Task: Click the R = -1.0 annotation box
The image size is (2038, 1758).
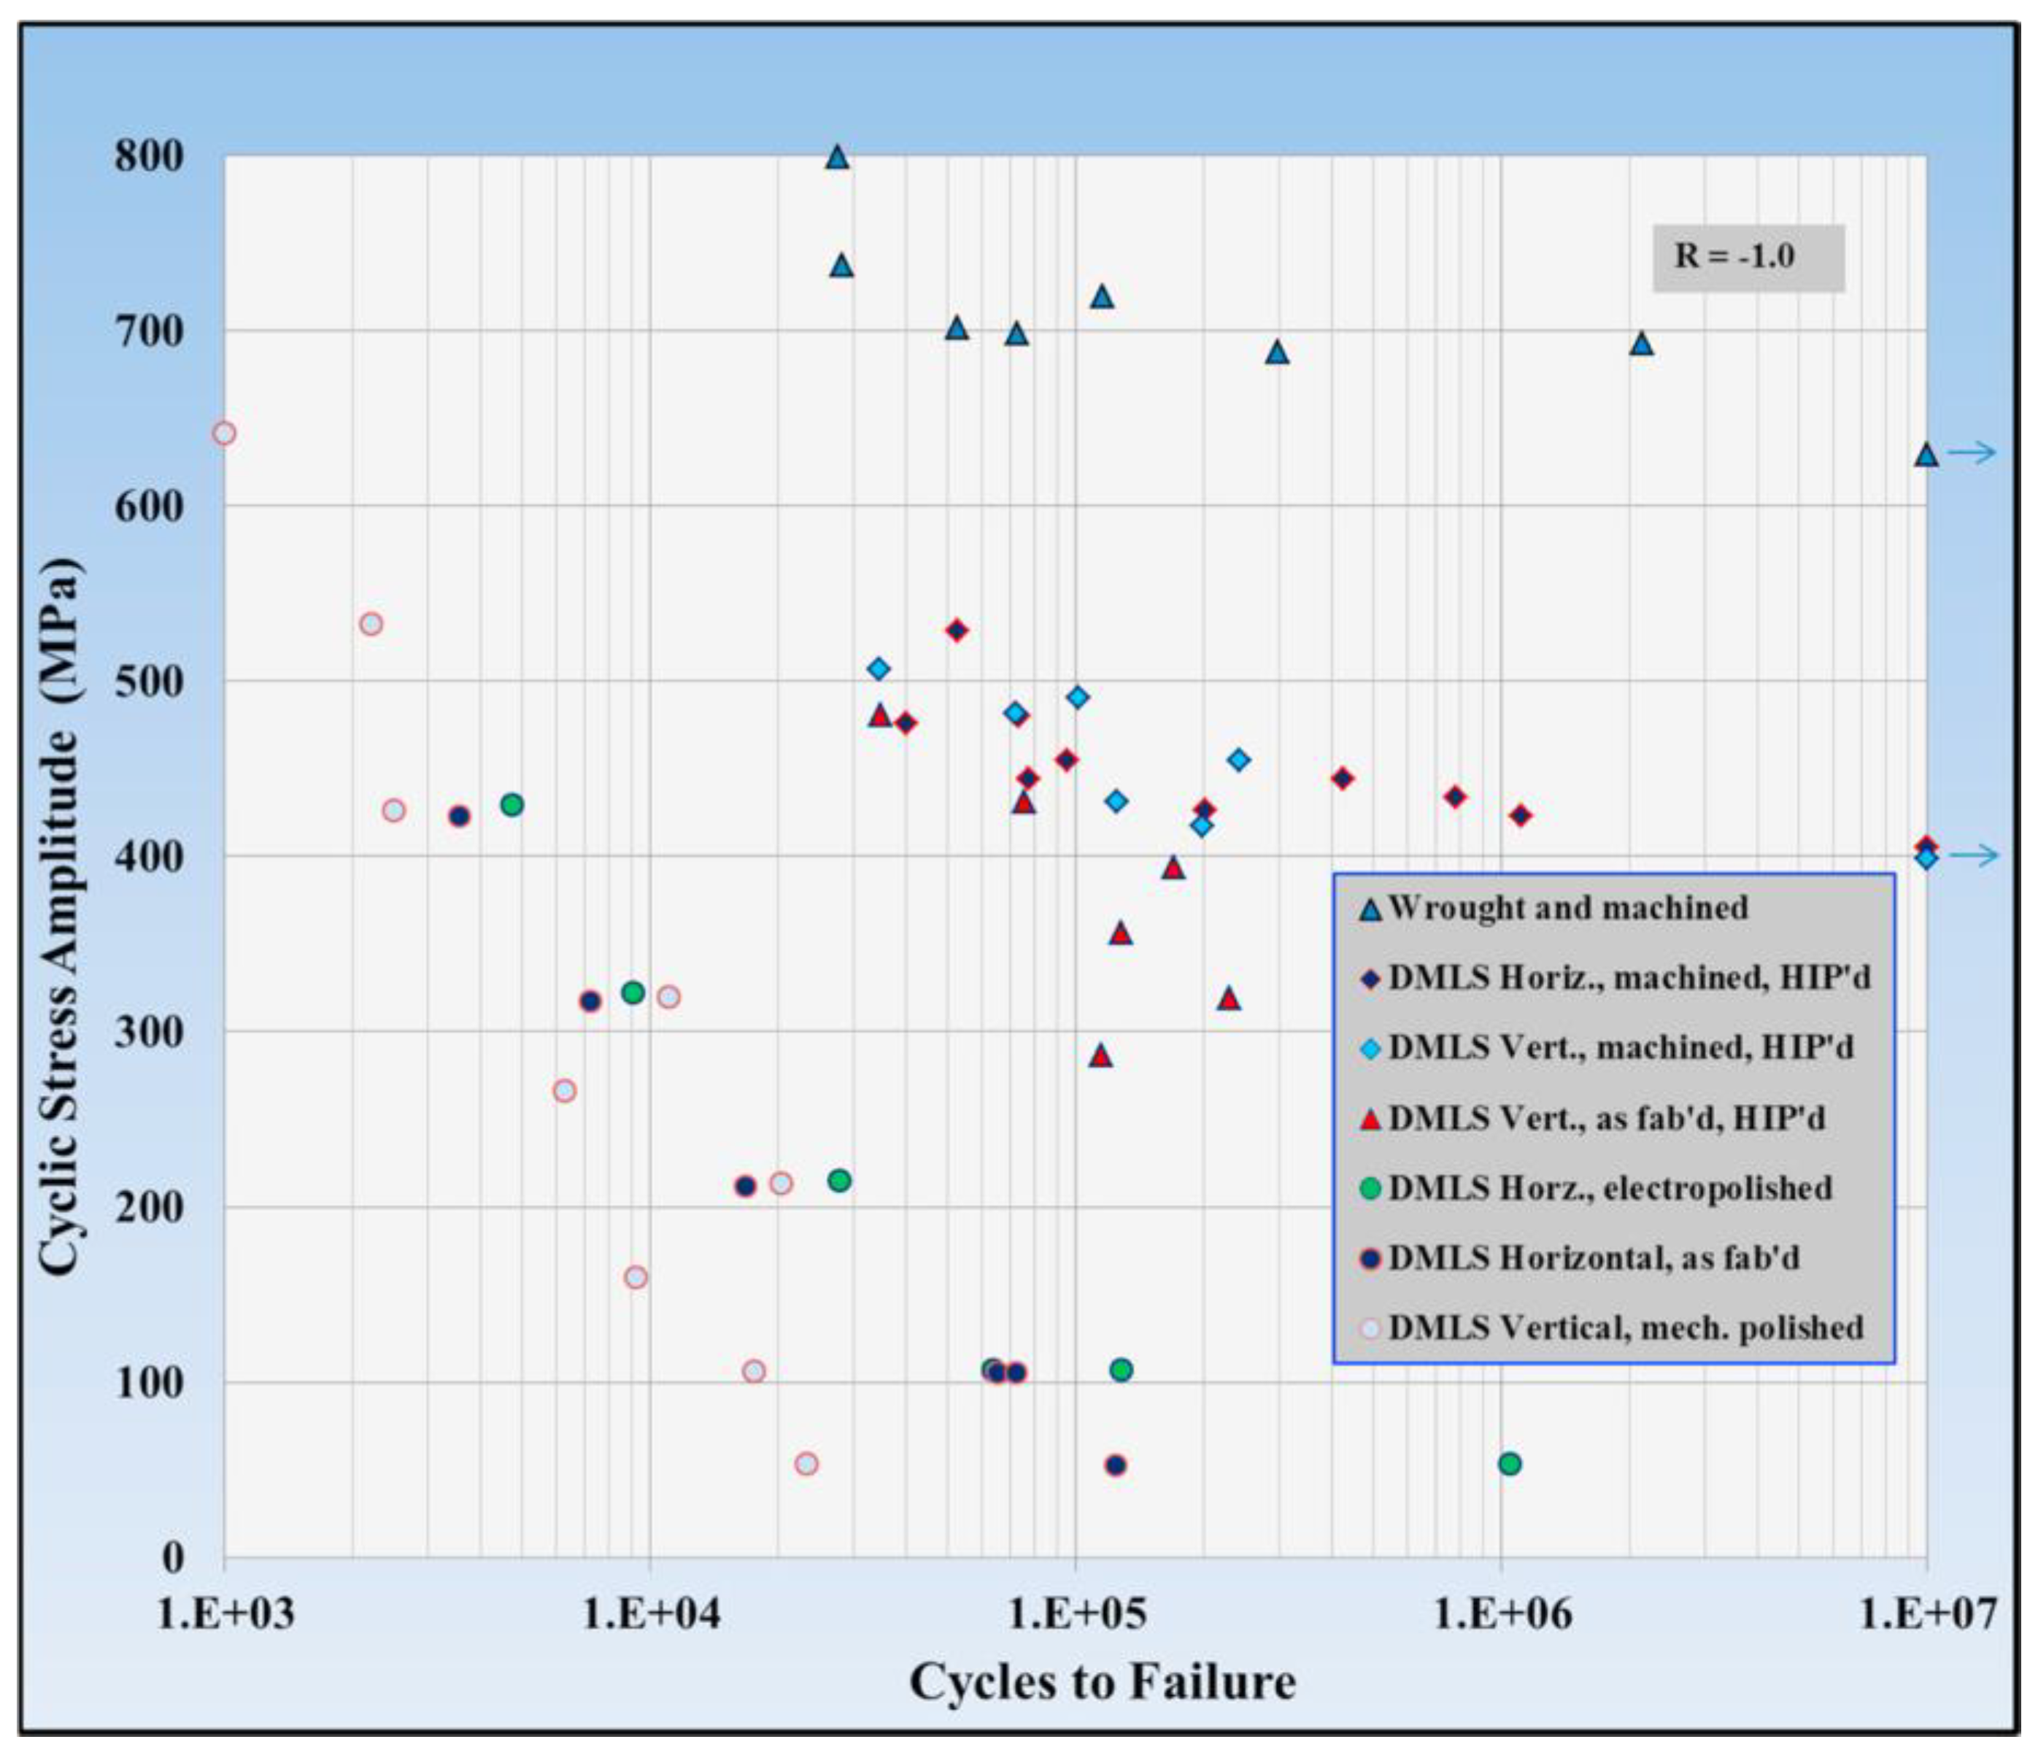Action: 1747,258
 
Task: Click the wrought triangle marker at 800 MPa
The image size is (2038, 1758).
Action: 837,156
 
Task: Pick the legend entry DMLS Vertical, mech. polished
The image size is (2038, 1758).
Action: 1625,1328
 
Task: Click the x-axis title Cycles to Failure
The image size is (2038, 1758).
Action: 1102,1681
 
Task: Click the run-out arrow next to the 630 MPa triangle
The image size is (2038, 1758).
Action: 1972,452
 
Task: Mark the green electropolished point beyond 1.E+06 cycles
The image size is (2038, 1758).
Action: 1510,1464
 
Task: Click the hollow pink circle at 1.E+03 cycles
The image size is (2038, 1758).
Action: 224,433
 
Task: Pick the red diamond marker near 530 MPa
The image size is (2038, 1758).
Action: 956,630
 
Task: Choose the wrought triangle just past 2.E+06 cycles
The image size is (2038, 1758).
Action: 1640,343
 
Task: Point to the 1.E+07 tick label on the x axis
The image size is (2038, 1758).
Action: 1926,1614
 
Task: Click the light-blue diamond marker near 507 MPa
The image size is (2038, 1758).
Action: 879,669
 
